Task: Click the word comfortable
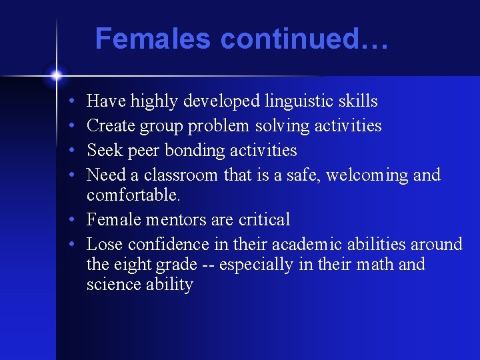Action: pos(133,195)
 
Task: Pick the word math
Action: pos(374,265)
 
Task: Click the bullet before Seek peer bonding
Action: pos(71,151)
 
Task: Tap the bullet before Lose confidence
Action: pos(71,245)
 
